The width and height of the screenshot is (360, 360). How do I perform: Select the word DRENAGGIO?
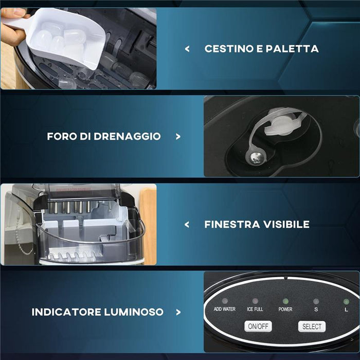(127, 136)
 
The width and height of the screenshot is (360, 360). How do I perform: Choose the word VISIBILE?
(286, 224)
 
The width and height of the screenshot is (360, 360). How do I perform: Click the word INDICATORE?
(66, 312)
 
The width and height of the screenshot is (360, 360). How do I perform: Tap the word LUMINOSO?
(134, 312)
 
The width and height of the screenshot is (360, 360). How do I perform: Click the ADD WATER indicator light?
(225, 301)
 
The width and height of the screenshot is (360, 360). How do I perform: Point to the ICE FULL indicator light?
(255, 301)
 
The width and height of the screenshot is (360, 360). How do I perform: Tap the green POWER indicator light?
(285, 301)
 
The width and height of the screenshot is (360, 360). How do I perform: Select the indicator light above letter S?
(316, 301)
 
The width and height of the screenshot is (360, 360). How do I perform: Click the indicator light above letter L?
(346, 301)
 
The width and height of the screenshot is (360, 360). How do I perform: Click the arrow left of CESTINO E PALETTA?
(187, 49)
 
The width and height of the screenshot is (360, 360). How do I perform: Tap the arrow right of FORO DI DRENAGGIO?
(178, 137)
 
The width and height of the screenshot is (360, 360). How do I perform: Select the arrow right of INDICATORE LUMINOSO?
(178, 312)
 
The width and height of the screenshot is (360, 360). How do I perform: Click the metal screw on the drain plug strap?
(255, 158)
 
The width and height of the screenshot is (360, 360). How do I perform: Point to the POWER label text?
(285, 309)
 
